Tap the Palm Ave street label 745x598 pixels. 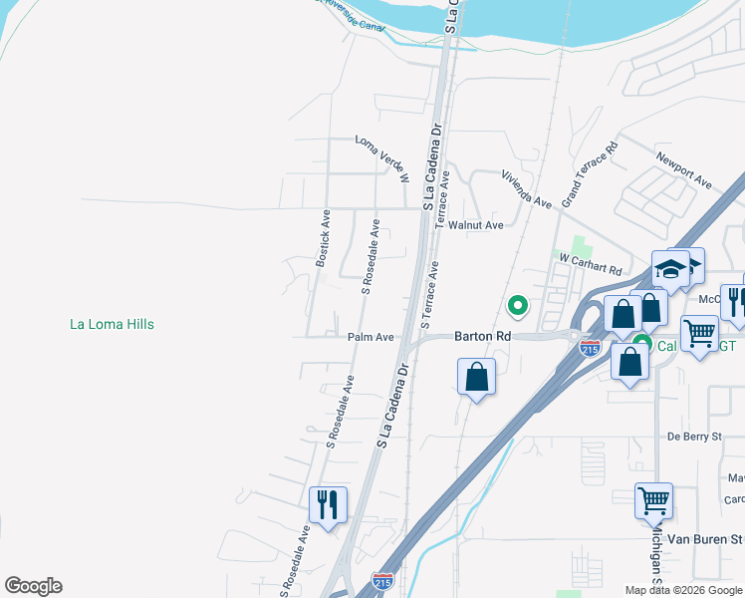pos(371,338)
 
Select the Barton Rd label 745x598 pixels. pos(482,337)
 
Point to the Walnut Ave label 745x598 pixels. pos(475,225)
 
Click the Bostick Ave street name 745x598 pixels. pos(323,237)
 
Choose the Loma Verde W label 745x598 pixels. pos(382,159)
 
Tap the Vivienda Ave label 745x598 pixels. pos(526,188)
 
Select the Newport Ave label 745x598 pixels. pos(683,170)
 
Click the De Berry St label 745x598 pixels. pos(693,437)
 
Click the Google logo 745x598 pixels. pos(33,586)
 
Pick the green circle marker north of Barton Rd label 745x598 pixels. pos(517,305)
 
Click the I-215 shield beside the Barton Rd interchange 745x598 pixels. pos(590,349)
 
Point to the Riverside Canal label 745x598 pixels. pos(349,12)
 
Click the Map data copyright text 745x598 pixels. pos(684,590)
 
